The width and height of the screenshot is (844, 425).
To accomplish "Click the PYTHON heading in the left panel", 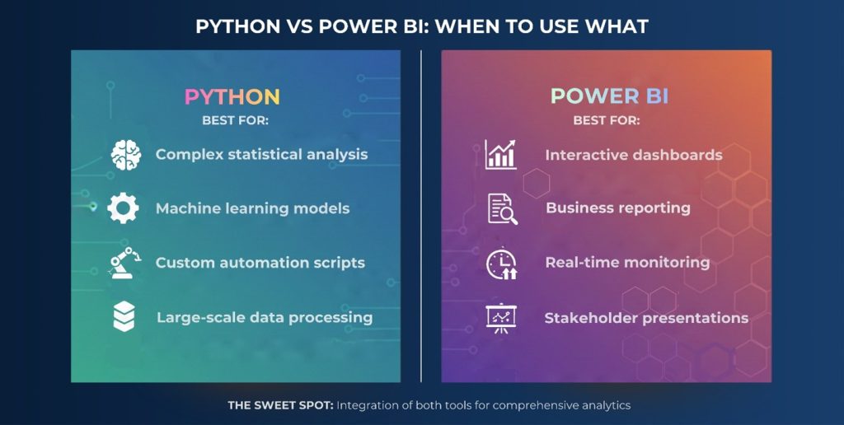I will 232,97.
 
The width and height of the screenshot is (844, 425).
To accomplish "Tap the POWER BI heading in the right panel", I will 609,97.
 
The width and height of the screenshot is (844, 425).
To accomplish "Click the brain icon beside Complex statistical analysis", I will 125,155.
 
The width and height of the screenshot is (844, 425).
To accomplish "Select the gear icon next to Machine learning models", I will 124,208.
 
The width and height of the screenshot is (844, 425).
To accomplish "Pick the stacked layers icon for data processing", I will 124,317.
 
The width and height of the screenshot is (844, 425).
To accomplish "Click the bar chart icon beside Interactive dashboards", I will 500,155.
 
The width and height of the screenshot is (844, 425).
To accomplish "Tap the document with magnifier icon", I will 501,208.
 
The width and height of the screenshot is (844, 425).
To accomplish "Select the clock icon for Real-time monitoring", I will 501,264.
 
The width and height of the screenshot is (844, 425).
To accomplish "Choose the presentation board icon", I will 500,318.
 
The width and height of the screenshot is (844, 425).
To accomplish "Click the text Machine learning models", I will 252,209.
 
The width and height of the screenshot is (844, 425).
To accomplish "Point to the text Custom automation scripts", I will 260,264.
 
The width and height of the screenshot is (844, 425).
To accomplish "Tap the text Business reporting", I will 617,208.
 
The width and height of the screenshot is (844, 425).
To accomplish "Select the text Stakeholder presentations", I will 646,318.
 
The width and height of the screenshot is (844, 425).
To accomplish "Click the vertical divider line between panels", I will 421,214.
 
